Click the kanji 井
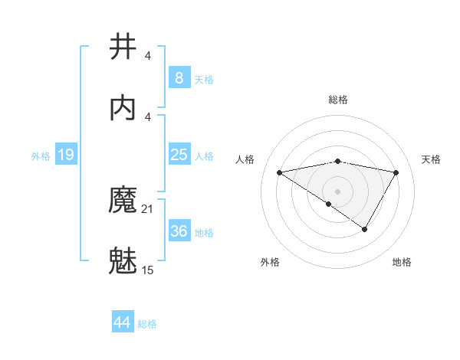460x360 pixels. [x=123, y=46]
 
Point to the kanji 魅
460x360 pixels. [x=123, y=260]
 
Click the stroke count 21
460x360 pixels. [x=148, y=208]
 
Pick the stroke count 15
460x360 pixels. [x=148, y=270]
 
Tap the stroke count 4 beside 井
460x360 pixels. [x=148, y=55]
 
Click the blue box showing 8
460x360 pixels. [x=179, y=77]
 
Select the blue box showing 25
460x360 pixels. [x=179, y=155]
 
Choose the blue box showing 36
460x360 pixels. [x=179, y=231]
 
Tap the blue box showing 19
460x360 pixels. [x=66, y=155]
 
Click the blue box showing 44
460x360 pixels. [x=123, y=322]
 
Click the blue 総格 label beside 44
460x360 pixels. [x=147, y=324]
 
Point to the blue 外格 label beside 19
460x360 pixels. [x=41, y=156]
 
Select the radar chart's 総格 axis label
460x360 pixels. [x=338, y=100]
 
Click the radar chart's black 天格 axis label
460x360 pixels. [x=432, y=159]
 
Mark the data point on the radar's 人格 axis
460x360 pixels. [x=280, y=172]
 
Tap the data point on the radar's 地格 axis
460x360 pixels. [x=365, y=229]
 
